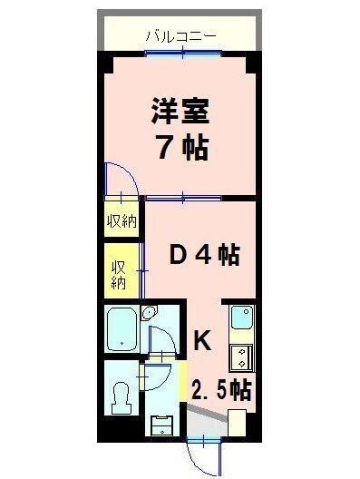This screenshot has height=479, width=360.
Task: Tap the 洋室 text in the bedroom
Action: (x=180, y=113)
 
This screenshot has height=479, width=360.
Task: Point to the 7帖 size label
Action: (x=180, y=148)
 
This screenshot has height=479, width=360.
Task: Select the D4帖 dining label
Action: (x=204, y=256)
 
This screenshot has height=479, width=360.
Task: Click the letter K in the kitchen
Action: (x=203, y=341)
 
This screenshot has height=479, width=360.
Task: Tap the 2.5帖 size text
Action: (x=220, y=391)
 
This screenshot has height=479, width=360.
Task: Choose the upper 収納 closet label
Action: (x=121, y=220)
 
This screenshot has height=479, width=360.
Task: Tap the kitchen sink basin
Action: (x=241, y=318)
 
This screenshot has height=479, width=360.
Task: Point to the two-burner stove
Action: (x=241, y=355)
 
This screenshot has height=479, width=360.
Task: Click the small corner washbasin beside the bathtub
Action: (x=150, y=314)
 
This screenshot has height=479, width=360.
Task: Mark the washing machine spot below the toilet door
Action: (x=160, y=425)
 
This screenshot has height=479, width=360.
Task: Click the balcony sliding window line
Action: (x=181, y=53)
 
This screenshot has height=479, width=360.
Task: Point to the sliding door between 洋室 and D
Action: (x=181, y=195)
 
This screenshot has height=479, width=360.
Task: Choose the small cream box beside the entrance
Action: (x=238, y=423)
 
